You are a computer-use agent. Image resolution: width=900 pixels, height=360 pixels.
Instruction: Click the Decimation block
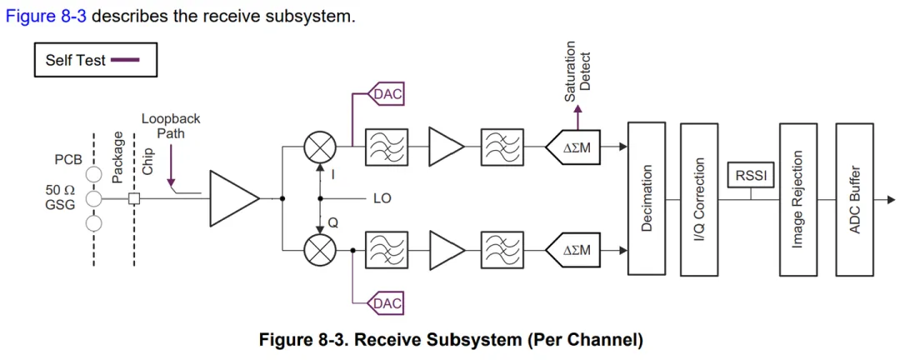click(647, 198)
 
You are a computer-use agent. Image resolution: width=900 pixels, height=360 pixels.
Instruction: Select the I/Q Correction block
click(698, 198)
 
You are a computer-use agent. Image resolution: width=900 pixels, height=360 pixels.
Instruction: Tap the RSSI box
click(749, 176)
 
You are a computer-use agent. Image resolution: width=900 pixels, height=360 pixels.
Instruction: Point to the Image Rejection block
click(798, 198)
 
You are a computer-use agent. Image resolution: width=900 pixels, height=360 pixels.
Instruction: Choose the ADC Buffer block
click(854, 198)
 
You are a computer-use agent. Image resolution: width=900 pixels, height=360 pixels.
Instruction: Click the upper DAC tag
click(386, 94)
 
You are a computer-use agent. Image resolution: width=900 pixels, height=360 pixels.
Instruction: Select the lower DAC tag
click(386, 303)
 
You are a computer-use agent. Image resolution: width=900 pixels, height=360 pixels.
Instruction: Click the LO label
click(382, 199)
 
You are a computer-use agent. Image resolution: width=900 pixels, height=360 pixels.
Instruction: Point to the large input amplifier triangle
click(232, 198)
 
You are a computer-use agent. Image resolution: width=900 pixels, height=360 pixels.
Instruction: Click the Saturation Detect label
click(577, 72)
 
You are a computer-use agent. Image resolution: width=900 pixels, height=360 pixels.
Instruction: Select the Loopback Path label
click(171, 126)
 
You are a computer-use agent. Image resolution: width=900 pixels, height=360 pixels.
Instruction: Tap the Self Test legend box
click(95, 60)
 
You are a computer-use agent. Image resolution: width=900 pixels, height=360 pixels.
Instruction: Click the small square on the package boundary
click(134, 198)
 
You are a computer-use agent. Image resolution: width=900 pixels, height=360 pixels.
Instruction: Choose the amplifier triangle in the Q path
click(445, 249)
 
